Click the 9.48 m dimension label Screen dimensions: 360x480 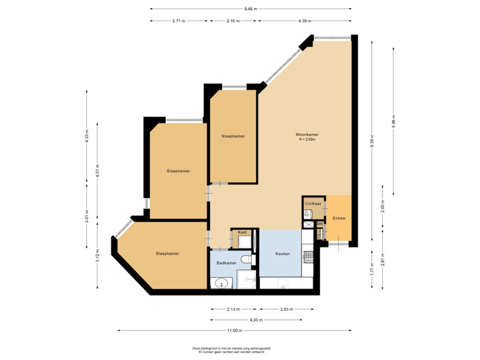(x=251, y=9)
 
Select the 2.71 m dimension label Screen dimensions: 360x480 (x=178, y=21)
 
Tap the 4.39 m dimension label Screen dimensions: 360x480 (x=305, y=21)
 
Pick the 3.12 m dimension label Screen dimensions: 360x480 (x=97, y=257)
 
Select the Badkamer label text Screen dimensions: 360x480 (x=226, y=263)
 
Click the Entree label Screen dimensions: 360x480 (x=339, y=217)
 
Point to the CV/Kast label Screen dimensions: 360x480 (x=313, y=203)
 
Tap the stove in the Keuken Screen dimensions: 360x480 (x=308, y=257)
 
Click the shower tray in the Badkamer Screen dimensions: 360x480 (x=247, y=280)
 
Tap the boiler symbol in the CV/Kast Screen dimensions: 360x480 (x=307, y=214)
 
